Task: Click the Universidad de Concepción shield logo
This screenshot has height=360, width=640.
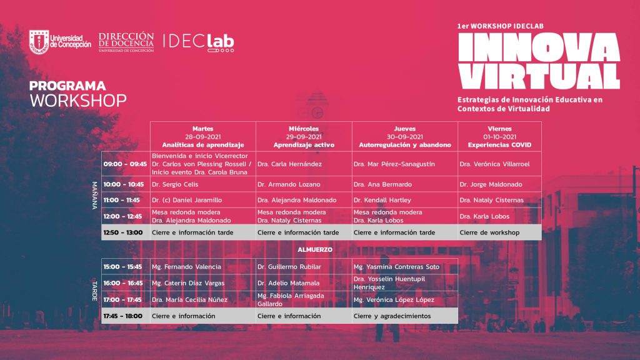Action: click(39, 42)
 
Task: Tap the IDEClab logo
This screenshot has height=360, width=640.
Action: click(199, 42)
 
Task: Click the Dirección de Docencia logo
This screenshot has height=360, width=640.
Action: click(126, 42)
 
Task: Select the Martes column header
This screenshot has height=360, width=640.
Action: click(203, 137)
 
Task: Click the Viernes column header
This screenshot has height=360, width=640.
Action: click(499, 137)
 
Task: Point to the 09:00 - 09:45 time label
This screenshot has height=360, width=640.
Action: click(125, 164)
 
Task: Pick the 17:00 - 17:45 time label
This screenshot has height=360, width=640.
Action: click(122, 299)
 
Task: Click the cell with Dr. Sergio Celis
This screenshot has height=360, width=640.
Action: click(203, 184)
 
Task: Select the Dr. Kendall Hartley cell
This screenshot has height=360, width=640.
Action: click(405, 200)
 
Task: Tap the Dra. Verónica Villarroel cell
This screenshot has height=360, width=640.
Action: click(499, 164)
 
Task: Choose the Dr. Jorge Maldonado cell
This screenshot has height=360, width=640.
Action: click(499, 184)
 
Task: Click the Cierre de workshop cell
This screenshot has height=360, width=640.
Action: click(499, 232)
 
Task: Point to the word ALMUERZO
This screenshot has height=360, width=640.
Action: click(315, 249)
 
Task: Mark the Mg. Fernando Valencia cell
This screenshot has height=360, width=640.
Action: click(203, 266)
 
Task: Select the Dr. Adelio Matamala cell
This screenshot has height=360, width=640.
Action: click(304, 283)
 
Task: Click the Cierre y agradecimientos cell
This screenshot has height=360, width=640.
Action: click(405, 316)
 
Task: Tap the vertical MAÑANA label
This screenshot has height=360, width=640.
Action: click(95, 196)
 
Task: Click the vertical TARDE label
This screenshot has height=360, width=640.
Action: click(95, 291)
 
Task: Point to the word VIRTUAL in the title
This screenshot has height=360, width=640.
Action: click(539, 76)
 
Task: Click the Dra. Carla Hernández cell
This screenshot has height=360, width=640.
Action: click(304, 164)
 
